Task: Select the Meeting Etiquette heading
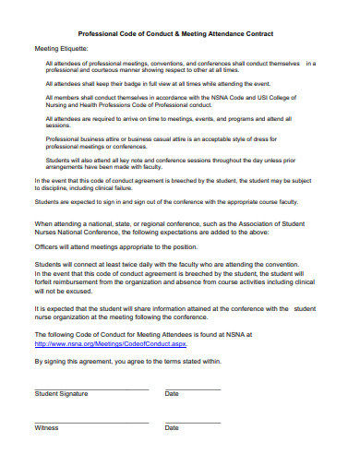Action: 62,48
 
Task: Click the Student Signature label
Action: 61,394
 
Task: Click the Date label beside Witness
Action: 172,428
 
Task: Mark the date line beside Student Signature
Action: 193,388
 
